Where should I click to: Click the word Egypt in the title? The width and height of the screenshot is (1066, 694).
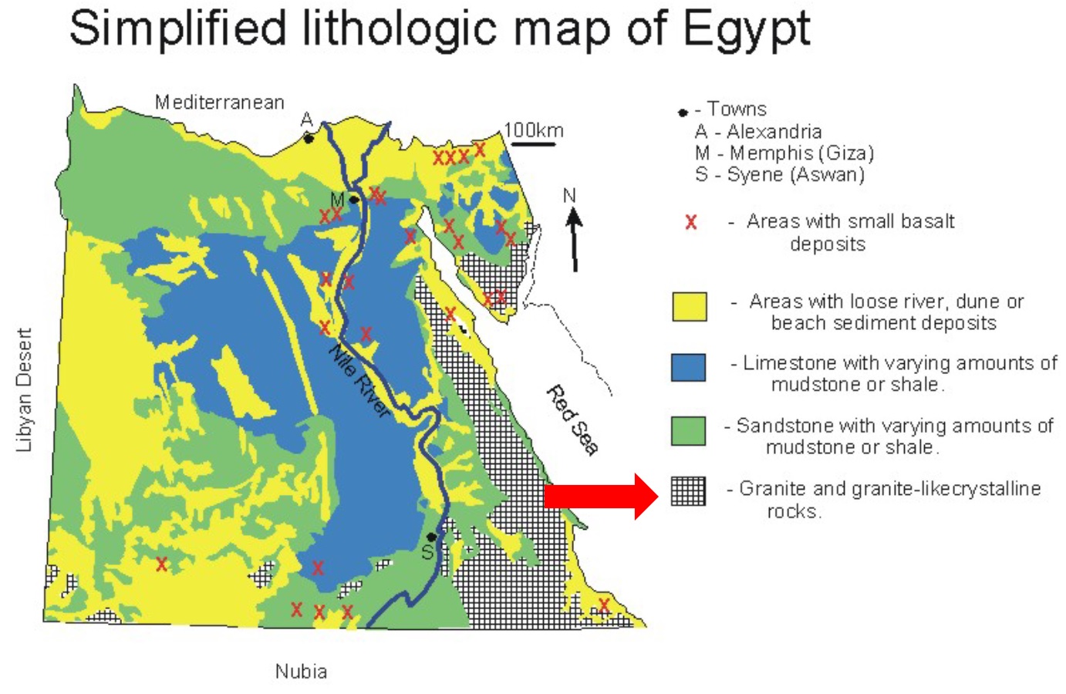745,29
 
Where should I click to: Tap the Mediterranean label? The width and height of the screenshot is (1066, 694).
220,103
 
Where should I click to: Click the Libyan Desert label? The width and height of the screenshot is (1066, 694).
25,389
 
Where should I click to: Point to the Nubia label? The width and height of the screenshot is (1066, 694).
301,672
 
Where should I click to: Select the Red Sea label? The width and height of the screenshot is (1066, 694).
572,420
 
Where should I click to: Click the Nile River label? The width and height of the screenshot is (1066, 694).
359,381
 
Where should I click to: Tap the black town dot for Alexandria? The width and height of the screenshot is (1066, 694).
309,139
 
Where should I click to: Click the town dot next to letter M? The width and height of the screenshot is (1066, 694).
353,200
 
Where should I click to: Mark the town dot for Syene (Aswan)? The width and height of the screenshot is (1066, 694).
432,537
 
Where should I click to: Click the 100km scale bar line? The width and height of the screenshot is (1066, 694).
534,143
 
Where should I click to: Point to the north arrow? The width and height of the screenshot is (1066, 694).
574,239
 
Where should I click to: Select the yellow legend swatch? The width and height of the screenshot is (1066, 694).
689,306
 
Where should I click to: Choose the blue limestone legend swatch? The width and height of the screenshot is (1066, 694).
689,367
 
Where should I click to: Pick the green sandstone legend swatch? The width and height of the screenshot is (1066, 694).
689,430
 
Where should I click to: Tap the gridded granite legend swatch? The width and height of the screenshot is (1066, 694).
688,491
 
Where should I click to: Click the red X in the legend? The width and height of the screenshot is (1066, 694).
691,223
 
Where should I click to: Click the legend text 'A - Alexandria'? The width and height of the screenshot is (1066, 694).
758,131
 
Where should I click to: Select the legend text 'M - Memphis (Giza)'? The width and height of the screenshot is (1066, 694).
784,153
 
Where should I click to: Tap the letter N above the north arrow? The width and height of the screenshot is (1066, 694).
569,196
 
